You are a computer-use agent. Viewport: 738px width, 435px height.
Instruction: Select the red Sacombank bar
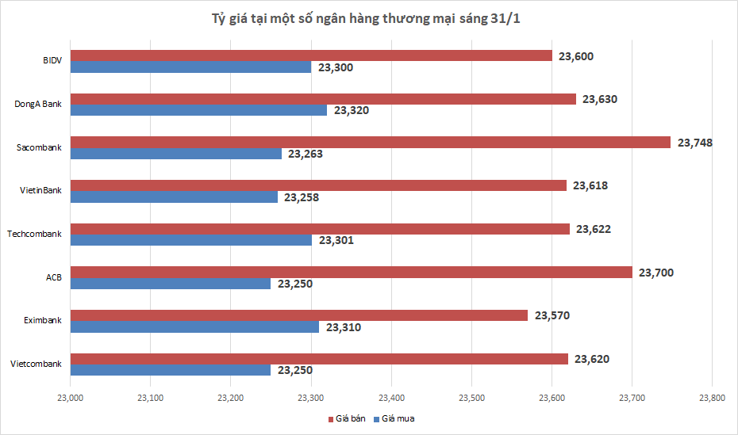click(x=371, y=143)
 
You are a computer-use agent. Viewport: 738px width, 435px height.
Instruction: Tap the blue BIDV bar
click(x=190, y=67)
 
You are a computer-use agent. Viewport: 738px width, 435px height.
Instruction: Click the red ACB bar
click(x=352, y=273)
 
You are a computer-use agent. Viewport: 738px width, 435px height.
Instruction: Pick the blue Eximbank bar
click(x=195, y=326)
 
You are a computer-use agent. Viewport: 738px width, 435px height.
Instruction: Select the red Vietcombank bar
click(x=320, y=359)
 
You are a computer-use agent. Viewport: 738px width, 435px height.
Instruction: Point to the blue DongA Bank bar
click(x=198, y=110)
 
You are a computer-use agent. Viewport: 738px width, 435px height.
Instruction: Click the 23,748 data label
click(x=694, y=143)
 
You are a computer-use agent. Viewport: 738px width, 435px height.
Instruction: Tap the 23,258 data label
click(x=302, y=197)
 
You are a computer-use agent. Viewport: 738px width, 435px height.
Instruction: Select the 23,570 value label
click(x=552, y=315)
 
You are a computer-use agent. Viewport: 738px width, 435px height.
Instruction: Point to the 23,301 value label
click(x=336, y=240)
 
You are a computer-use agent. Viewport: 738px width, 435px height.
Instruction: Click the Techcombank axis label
click(x=34, y=234)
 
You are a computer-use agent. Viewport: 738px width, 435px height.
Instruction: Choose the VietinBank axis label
click(x=40, y=191)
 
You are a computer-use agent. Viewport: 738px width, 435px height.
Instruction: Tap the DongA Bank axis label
click(x=38, y=105)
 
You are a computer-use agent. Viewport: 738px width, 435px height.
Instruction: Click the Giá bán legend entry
click(x=350, y=418)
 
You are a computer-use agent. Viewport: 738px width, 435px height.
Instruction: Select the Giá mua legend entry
click(x=398, y=418)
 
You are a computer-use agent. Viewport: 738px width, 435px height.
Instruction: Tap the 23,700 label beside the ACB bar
click(x=655, y=273)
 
